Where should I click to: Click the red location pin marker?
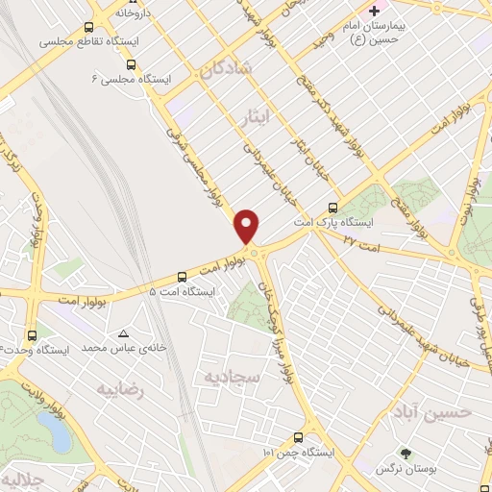pos(248,227)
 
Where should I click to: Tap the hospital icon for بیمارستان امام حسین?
pos(374,12)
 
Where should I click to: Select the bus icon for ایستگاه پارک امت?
pos(333,207)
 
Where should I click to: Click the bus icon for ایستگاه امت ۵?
pos(184,275)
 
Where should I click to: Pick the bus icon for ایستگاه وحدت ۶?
pos(33,335)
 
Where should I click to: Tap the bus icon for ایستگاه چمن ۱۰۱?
pos(311,435)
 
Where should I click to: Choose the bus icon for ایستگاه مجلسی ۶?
pos(131,64)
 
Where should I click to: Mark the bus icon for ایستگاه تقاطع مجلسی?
pos(89,28)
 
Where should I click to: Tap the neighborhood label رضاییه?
pos(120,389)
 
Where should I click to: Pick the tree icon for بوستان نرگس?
pos(405,452)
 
